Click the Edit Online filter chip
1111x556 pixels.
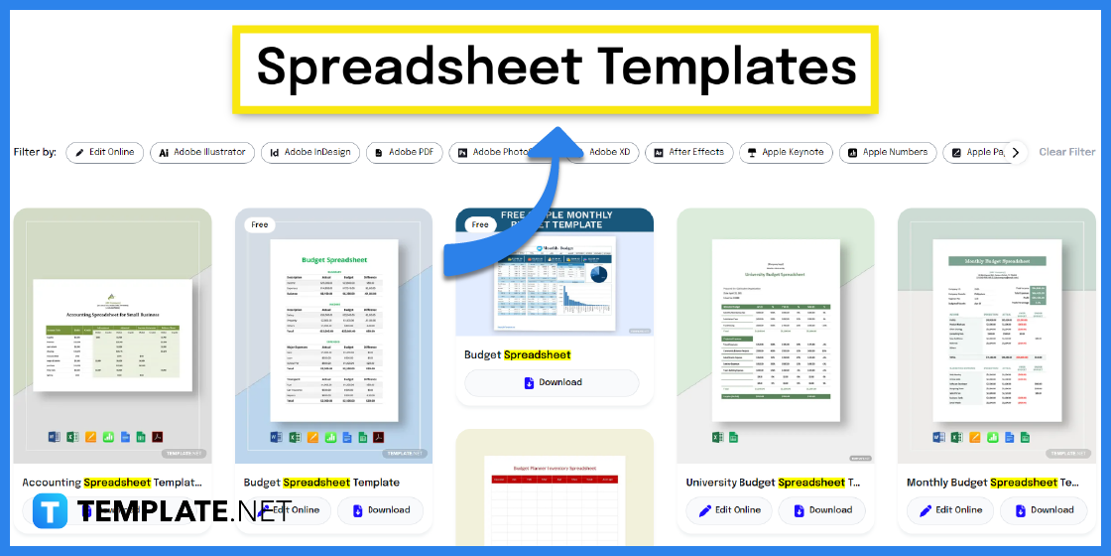tap(105, 152)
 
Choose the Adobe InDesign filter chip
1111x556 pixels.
tap(309, 152)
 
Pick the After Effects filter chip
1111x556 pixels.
tap(688, 152)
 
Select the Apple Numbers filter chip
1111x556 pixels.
tap(887, 152)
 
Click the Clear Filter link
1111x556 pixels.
tap(1066, 152)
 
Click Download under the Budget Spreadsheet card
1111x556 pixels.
tap(553, 382)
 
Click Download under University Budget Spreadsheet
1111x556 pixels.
tap(821, 509)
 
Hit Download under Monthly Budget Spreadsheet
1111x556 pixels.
tap(1043, 509)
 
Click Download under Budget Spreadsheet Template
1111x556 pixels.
tap(380, 509)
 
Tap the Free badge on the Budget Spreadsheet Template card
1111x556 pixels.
tap(260, 225)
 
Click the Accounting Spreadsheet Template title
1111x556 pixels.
tap(111, 483)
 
